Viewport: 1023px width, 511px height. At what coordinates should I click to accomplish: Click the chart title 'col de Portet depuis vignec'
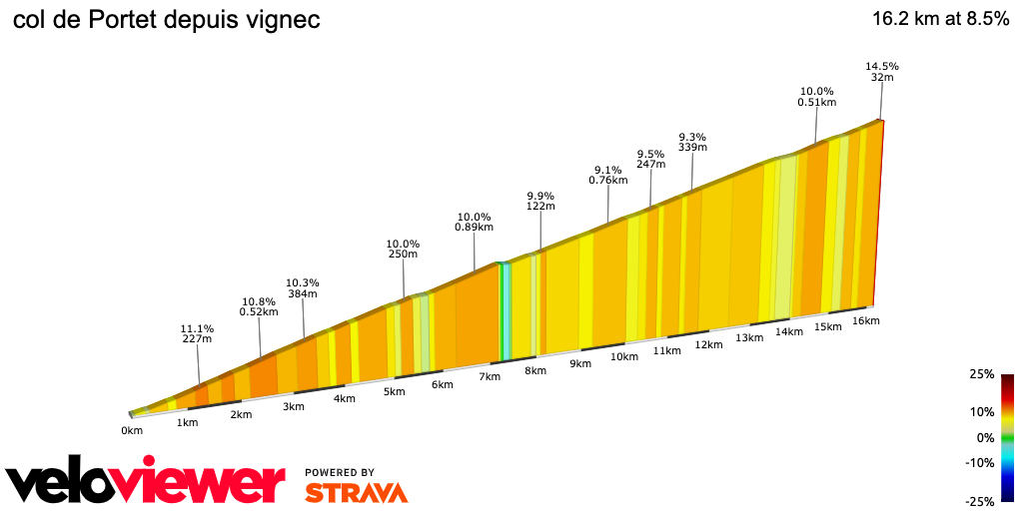coord(166,20)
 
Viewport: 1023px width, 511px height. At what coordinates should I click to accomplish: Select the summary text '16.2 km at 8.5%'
coord(940,19)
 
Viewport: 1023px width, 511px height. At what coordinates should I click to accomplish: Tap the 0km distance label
coord(132,430)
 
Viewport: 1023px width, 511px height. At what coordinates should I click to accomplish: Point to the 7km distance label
coord(490,377)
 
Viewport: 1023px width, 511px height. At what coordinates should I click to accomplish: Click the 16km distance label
coord(865,320)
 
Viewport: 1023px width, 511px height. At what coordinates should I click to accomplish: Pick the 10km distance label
coord(624,356)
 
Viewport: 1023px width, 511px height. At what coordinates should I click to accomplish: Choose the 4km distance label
coord(345,399)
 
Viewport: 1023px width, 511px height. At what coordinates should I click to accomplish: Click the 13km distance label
coord(749,338)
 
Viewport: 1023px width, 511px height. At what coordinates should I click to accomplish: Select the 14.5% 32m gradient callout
coord(880,72)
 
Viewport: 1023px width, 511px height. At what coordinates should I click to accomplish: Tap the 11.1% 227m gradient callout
coord(198,333)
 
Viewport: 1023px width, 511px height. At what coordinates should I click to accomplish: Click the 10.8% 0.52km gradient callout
coord(259,306)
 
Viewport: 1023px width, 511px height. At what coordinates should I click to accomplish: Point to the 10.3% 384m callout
coord(302,287)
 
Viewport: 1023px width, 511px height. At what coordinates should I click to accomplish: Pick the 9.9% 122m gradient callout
coord(540,201)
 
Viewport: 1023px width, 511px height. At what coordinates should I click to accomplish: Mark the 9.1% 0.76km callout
coord(607,175)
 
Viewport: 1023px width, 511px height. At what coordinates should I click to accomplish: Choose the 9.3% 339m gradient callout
coord(692,142)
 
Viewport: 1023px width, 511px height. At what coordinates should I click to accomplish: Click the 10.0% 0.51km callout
coord(816,96)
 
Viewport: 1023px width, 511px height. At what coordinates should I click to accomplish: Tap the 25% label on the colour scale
coord(981,374)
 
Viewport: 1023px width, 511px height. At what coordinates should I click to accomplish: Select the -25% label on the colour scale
coord(979,501)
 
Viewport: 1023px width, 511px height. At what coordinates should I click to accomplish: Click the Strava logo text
coord(356,492)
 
